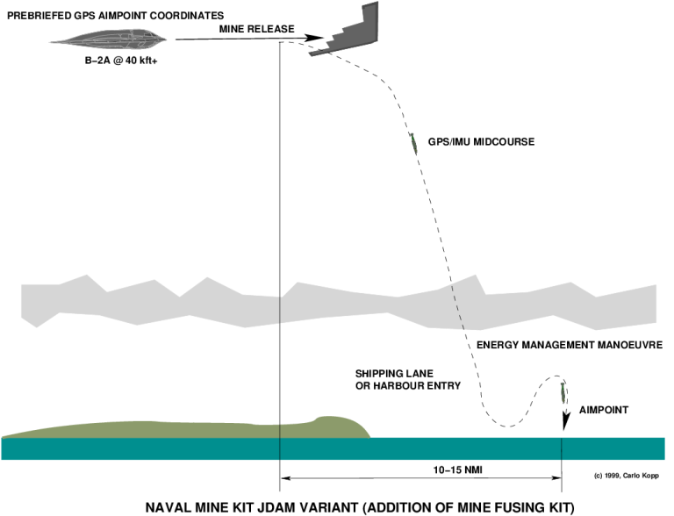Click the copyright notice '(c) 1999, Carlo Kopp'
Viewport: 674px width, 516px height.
pyautogui.click(x=625, y=476)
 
